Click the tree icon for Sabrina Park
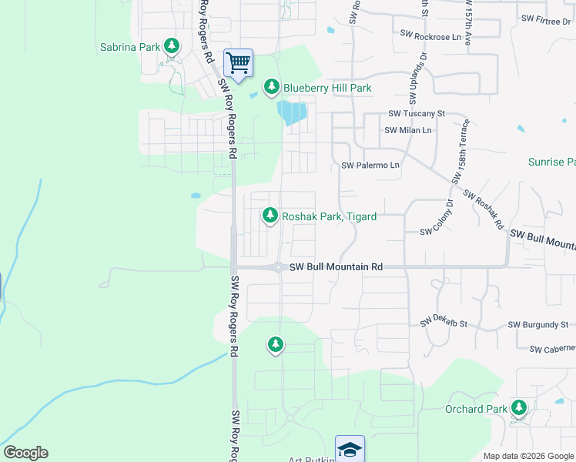tap(172, 47)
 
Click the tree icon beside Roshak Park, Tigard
tap(270, 216)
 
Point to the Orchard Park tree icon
tap(520, 407)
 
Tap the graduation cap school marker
tap(350, 449)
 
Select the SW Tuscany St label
tap(417, 113)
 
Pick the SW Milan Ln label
tap(408, 130)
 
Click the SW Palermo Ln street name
tap(370, 166)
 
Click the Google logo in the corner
tap(25, 453)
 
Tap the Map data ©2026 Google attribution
tap(528, 456)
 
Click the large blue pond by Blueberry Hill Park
tap(292, 114)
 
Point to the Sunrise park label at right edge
tap(551, 162)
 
